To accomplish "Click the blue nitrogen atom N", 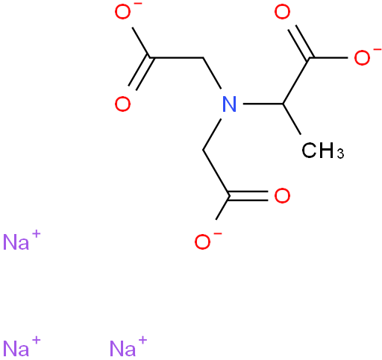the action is coord(229,104).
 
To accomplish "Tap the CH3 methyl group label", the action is coord(323,151).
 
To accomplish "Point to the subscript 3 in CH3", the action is coord(340,154).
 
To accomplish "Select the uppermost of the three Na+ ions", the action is coord(22,240).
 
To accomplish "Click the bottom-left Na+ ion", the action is coord(22,347).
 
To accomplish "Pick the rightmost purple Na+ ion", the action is coord(128,347).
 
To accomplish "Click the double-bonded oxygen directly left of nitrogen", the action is coord(122,104).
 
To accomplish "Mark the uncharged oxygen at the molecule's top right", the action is coord(282,11).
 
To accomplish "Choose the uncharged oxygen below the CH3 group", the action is coord(282,196).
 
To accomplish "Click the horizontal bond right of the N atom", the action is coord(263,104).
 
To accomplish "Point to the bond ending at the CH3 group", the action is coord(292,119).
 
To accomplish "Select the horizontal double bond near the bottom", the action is coord(248,196).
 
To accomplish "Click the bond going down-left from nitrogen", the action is coord(212,134).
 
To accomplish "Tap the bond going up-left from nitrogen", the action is coord(212,73).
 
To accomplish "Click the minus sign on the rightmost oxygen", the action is coord(378,50).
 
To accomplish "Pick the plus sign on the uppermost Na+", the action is coord(36,234).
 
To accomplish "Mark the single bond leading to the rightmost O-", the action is coord(328,57).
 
